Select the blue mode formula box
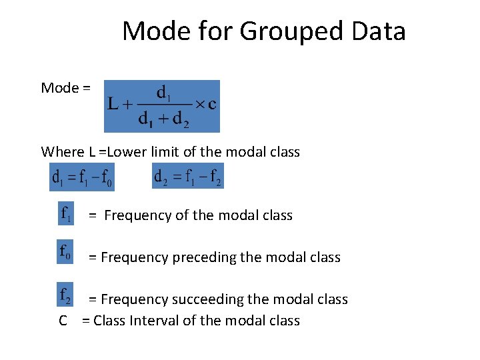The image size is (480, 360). pos(162,107)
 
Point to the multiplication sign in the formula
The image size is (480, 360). pos(199,105)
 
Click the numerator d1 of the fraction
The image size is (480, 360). pos(163,92)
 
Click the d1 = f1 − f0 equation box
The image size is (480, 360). pos(82,177)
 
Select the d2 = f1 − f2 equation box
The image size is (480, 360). pos(188,176)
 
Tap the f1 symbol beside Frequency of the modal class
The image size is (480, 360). pos(67,214)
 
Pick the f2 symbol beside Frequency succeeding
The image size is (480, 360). pos(66,295)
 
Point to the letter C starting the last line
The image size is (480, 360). pos(63,321)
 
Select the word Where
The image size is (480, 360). pos(58,152)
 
